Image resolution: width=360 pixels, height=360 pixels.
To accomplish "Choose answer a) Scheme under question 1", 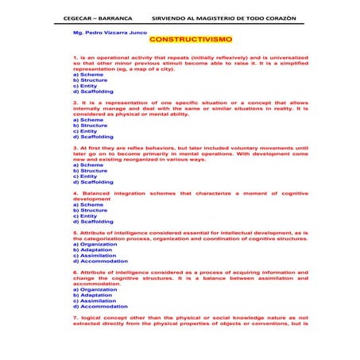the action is pyautogui.click(x=87, y=75).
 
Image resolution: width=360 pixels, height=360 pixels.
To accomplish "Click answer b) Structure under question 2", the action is pyautogui.click(x=90, y=126).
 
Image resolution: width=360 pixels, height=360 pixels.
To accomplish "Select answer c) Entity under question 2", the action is pyautogui.click(x=84, y=131).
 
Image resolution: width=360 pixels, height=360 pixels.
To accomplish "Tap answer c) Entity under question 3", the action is pyautogui.click(x=84, y=176).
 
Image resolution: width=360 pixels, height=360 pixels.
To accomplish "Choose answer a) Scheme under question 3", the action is pyautogui.click(x=87, y=165).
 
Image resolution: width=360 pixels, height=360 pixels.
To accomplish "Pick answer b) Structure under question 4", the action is pyautogui.click(x=90, y=211).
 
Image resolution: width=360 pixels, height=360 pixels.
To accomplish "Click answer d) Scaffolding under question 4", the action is pyautogui.click(x=92, y=222).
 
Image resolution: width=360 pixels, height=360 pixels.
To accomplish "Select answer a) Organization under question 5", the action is pyautogui.click(x=95, y=244).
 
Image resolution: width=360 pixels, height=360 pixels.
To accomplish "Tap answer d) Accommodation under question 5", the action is pyautogui.click(x=99, y=261).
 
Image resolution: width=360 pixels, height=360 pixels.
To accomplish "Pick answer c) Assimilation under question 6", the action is pyautogui.click(x=94, y=301).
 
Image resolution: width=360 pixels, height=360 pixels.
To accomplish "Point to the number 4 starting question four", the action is pyautogui.click(x=74, y=193).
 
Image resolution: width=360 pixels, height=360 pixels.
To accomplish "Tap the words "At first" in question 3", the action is pyautogui.click(x=90, y=148).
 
